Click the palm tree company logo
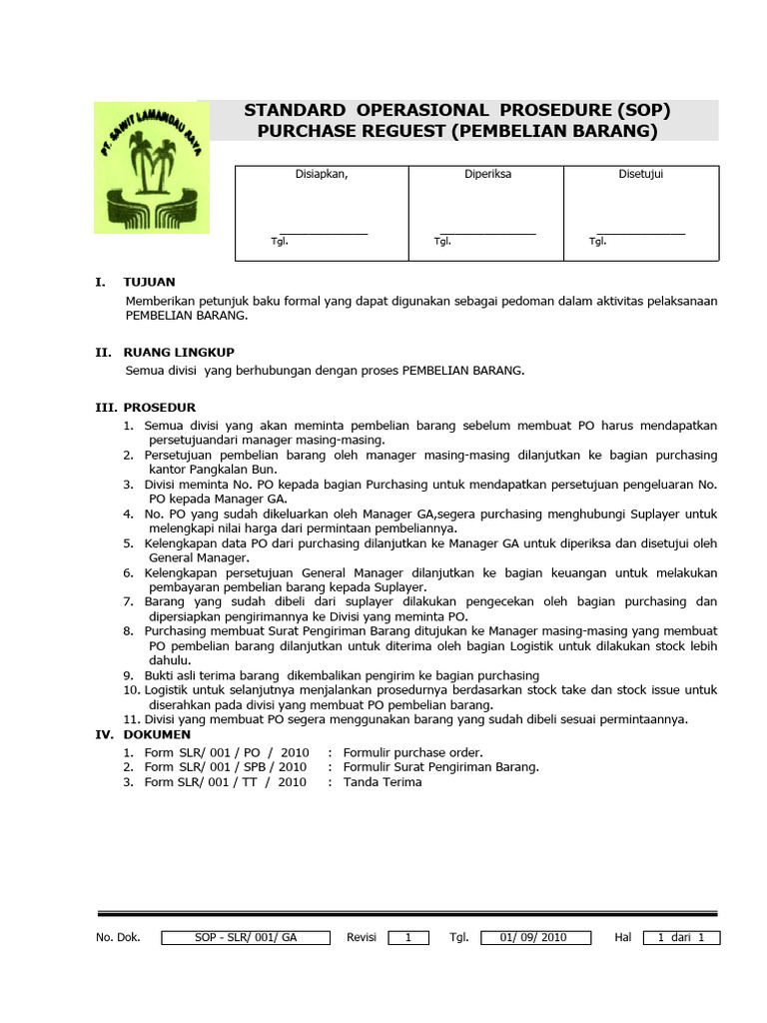point(152,168)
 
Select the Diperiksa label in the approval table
point(487,174)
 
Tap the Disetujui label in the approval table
point(641,174)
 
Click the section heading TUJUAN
point(149,283)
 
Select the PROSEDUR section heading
point(159,408)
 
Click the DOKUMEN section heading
point(158,734)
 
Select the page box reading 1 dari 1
point(681,937)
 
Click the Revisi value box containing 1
point(408,937)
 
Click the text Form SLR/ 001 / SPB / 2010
point(226,767)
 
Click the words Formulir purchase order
point(412,752)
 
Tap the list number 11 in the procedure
point(131,719)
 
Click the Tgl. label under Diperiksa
point(441,241)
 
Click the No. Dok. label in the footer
point(118,937)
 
